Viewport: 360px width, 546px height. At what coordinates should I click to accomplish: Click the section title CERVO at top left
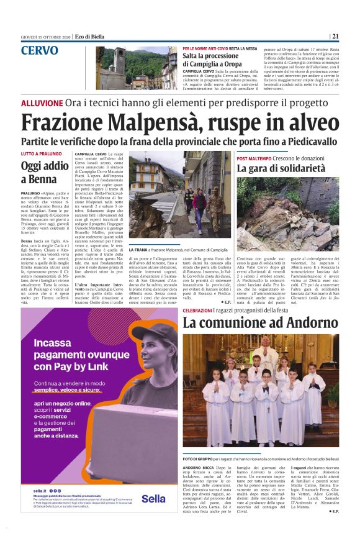[40, 51]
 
